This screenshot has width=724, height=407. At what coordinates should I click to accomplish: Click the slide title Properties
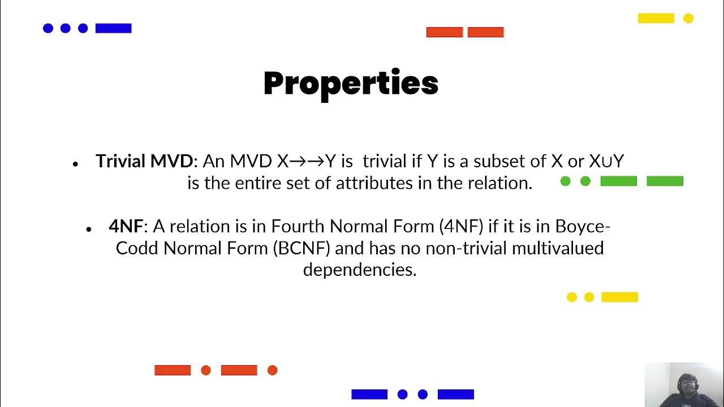pyautogui.click(x=351, y=84)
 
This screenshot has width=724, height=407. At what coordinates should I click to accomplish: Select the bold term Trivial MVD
pyautogui.click(x=144, y=162)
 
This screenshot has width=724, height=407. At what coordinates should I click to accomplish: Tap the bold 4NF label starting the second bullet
pyautogui.click(x=126, y=227)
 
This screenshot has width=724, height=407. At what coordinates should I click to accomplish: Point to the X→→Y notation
pyautogui.click(x=306, y=162)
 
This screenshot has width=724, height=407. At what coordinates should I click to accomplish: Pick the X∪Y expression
pyautogui.click(x=606, y=162)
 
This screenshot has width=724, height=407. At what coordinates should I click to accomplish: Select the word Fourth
pyautogui.click(x=298, y=227)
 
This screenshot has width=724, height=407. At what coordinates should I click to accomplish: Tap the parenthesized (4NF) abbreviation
pyautogui.click(x=461, y=227)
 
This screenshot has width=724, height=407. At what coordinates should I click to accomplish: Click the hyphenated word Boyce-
pyautogui.click(x=583, y=227)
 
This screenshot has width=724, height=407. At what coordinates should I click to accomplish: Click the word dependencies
pyautogui.click(x=359, y=270)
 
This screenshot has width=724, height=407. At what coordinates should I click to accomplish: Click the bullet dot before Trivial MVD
pyautogui.click(x=75, y=164)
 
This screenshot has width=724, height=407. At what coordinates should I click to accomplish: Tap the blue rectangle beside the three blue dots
pyautogui.click(x=113, y=28)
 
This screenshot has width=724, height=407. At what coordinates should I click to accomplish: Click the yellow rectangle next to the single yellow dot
pyautogui.click(x=656, y=19)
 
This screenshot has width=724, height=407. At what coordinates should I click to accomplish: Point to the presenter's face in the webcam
pyautogui.click(x=685, y=386)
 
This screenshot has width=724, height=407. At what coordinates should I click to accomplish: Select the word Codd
pyautogui.click(x=137, y=248)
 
